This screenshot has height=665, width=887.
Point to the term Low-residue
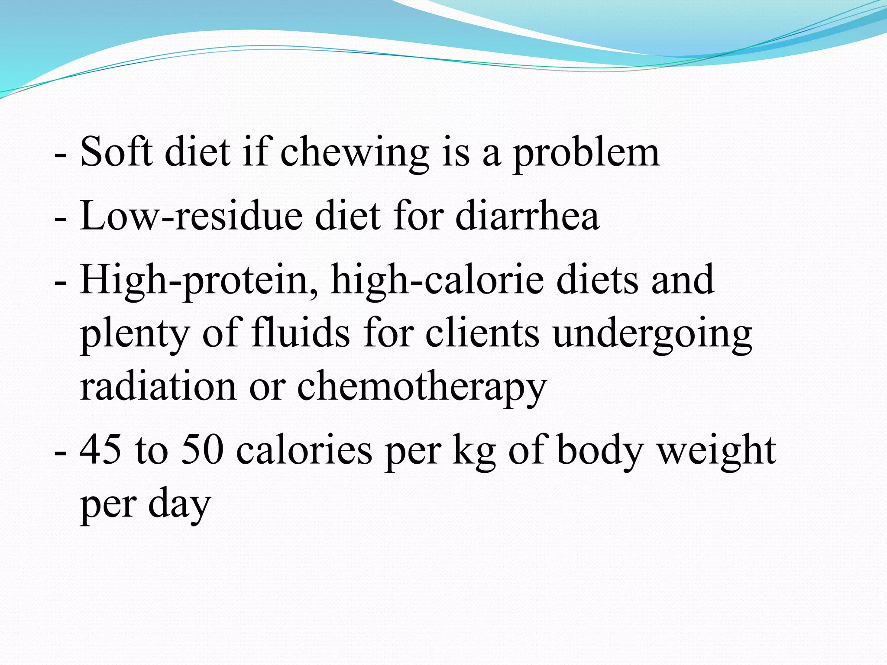191,216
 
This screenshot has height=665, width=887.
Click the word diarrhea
527,216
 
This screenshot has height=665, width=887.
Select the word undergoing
652,334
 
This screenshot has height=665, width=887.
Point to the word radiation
158,386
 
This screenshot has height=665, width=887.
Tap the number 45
100,450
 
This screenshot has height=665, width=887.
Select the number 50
202,450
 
